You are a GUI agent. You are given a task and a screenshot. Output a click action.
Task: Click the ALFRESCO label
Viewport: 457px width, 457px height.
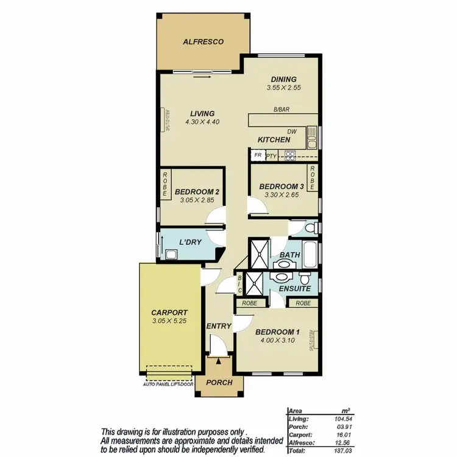204,42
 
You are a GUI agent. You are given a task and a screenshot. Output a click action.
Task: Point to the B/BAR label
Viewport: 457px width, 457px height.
281,110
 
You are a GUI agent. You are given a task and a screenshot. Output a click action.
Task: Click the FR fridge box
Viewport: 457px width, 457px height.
257,155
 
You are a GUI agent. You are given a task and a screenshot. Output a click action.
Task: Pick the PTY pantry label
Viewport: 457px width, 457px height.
272,156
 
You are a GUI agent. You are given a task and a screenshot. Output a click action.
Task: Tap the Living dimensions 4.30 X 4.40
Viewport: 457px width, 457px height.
202,122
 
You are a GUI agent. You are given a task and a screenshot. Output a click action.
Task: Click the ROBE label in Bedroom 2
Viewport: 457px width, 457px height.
165,185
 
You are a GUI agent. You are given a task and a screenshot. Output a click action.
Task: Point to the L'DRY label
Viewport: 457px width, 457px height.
190,242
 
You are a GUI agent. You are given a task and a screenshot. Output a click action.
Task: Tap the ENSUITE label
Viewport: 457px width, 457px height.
295,288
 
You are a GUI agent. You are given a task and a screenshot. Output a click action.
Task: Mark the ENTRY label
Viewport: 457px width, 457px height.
218,326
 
